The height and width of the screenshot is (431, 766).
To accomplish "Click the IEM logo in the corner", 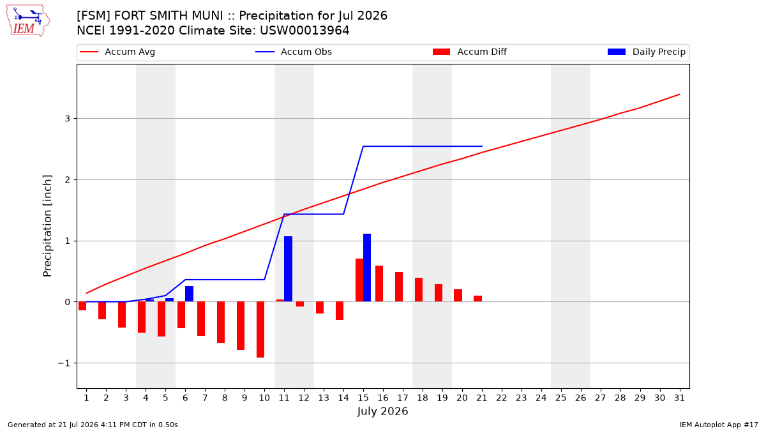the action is point(28,21).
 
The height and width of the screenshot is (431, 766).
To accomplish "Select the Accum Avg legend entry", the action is point(117,52).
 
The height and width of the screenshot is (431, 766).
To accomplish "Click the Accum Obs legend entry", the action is point(294,52).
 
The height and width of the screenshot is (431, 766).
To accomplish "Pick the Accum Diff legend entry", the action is point(470,52).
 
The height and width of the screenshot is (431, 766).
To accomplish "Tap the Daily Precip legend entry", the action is point(646,52).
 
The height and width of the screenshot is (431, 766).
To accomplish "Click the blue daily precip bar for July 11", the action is point(288,269).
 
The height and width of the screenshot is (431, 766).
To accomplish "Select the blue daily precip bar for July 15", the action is point(367,268).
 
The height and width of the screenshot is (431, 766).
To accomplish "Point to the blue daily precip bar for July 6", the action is point(189,294).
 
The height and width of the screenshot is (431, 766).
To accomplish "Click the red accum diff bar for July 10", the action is point(260,329).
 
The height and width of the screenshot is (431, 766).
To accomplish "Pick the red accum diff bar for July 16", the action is point(379,284).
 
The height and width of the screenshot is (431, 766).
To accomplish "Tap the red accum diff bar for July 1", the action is point(82,306).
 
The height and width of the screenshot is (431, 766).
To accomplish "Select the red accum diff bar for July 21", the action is point(477,299).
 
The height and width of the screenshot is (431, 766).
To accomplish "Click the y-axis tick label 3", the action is point(68,118).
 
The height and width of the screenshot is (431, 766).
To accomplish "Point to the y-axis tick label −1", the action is point(64,363).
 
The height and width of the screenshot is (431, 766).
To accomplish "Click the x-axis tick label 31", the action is point(679,398).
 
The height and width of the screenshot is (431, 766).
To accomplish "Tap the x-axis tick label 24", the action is point(541,398).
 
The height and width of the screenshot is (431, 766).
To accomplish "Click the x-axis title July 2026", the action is point(382,411).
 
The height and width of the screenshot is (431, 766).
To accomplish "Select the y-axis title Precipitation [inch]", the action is point(47,226).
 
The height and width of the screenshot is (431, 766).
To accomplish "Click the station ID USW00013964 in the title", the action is point(304,31).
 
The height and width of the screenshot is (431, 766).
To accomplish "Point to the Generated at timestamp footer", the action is point(93,425).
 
